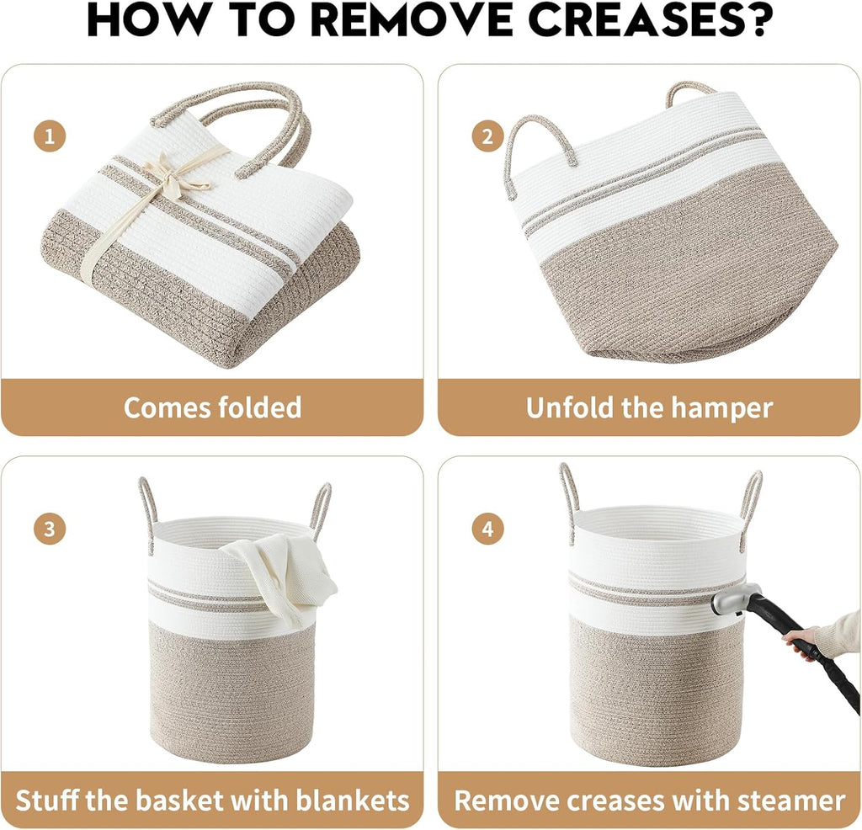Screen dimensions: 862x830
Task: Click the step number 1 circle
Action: [x=50, y=136]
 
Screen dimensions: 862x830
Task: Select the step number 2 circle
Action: [x=487, y=136]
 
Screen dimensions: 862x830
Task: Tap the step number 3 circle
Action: [x=50, y=529]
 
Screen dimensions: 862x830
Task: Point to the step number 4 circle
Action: [x=487, y=529]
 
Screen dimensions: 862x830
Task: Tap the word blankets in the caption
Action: [x=353, y=801]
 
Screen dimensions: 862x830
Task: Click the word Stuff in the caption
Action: [x=48, y=801]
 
